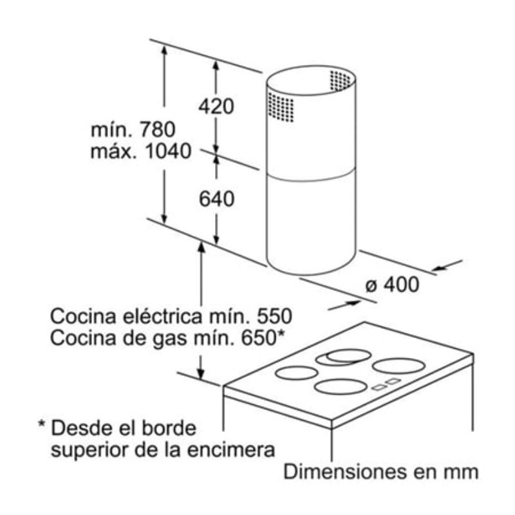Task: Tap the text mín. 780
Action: coord(133,129)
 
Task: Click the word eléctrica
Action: coord(170,317)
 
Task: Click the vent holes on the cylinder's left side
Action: coord(281,108)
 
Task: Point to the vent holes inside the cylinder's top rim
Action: coord(341,80)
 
